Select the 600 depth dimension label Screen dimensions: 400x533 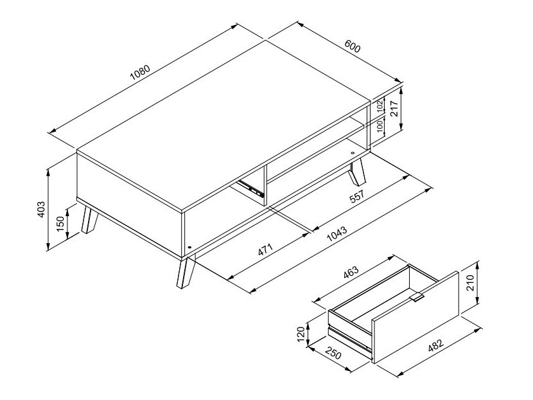[352, 47]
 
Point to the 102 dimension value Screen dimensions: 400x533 [380, 105]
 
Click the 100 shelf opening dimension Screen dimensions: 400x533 [380, 126]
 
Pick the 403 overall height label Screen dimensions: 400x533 [40, 209]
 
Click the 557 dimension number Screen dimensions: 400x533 [358, 196]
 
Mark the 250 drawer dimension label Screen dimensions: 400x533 [333, 354]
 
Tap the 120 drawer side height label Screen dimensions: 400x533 [301, 334]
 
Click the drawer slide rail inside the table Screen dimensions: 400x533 [251, 187]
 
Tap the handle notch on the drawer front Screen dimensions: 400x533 [418, 298]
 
